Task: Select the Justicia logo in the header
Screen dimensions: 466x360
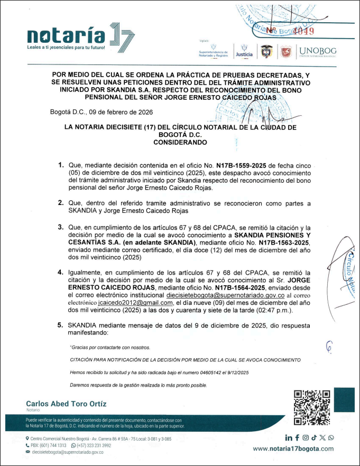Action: pos(244,51)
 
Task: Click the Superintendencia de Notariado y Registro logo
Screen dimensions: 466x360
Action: pos(213,51)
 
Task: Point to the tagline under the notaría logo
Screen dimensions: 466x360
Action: pos(66,48)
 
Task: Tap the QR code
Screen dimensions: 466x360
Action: pos(312,407)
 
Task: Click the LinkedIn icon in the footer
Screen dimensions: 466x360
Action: pos(289,437)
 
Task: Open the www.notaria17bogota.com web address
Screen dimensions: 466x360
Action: pos(293,449)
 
